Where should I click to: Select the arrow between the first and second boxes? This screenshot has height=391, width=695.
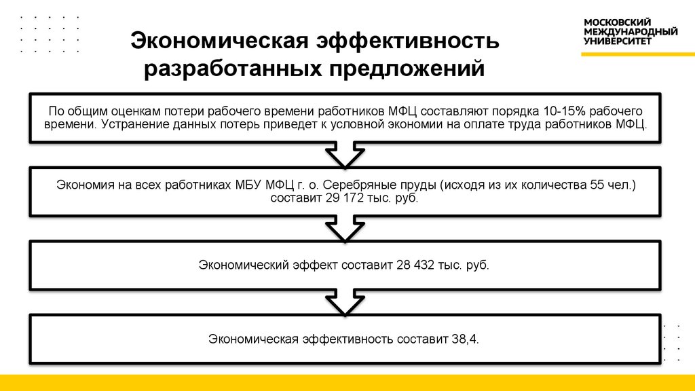coord(345,154)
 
